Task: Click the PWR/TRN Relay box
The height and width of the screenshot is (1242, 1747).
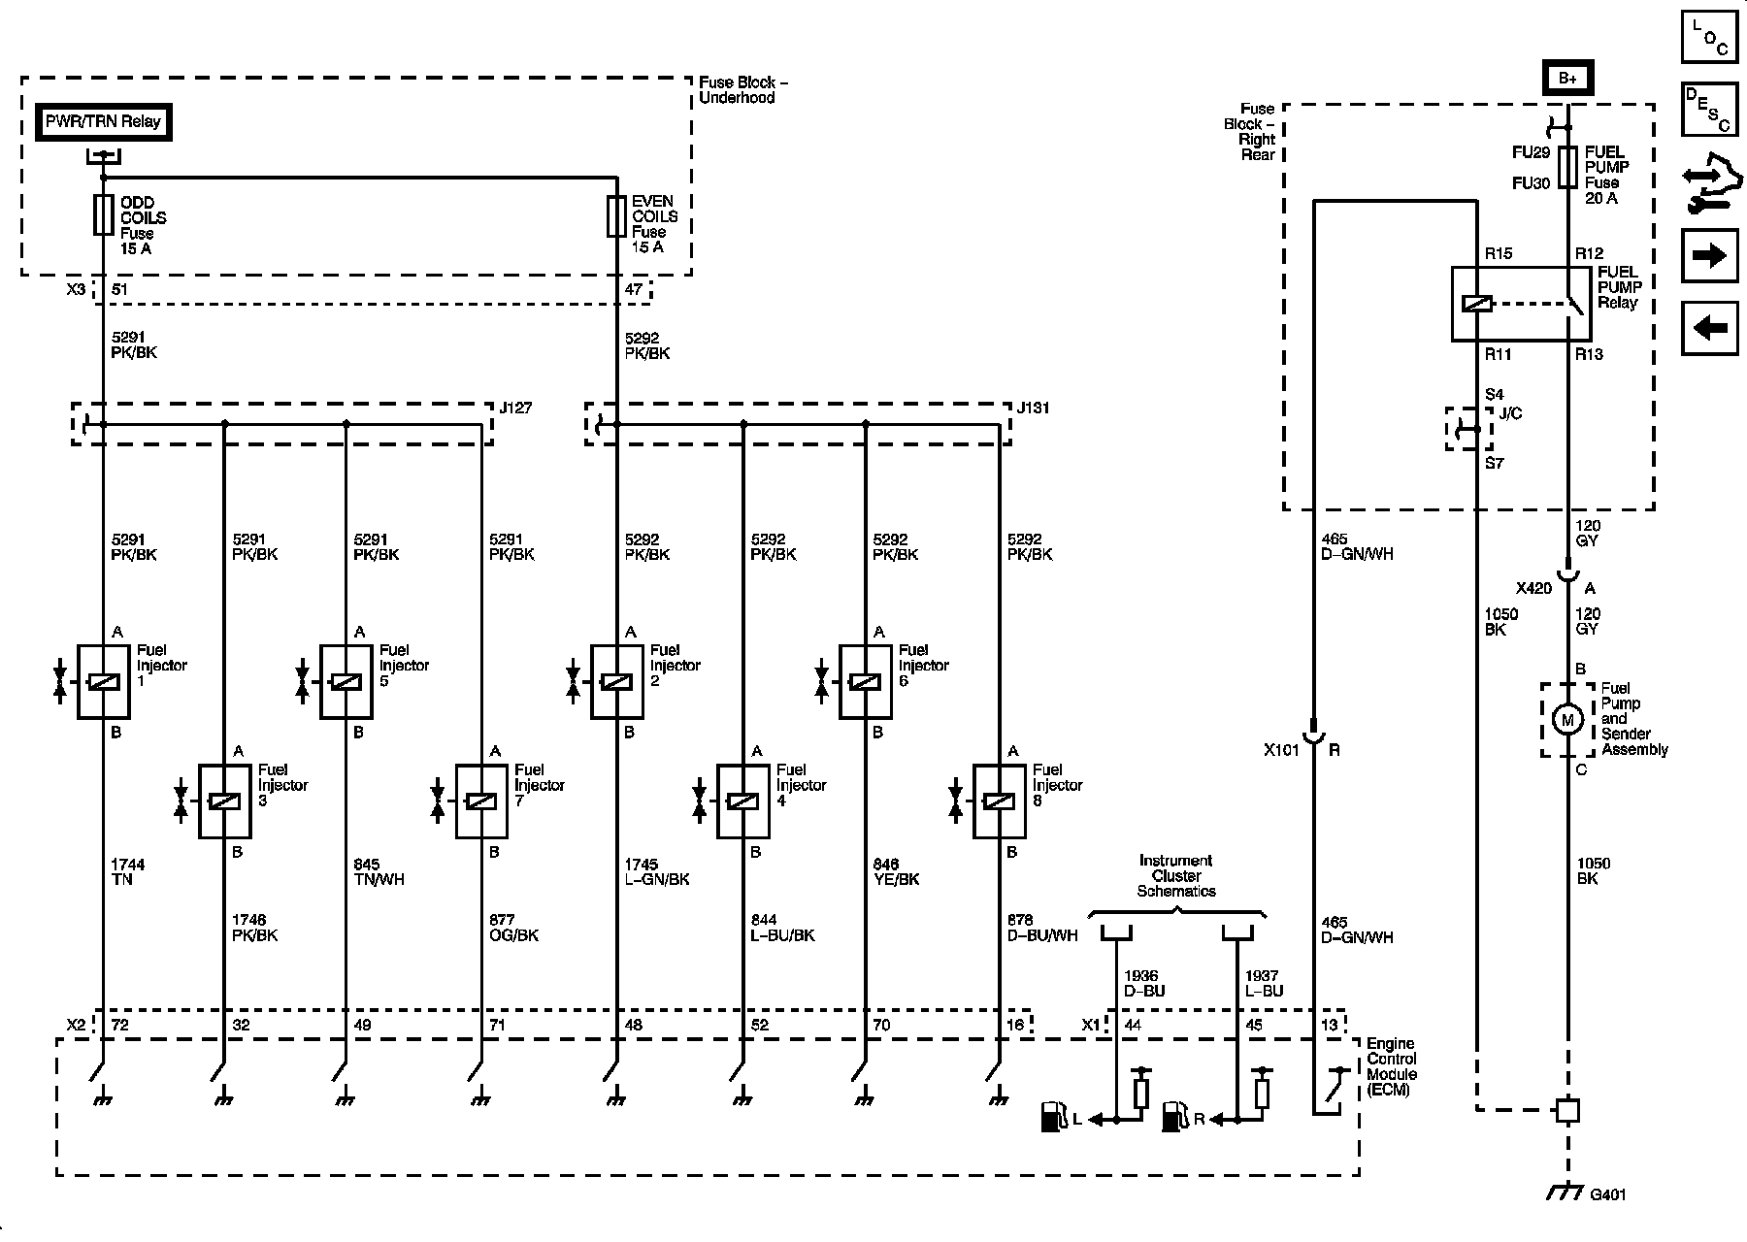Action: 104,122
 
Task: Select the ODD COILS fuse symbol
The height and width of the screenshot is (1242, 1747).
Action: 103,215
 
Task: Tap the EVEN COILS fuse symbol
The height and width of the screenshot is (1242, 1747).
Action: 616,216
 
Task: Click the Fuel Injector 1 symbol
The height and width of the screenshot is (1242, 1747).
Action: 103,682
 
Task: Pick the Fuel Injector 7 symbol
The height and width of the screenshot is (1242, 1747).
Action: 481,801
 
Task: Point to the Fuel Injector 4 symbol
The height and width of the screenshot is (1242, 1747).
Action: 742,801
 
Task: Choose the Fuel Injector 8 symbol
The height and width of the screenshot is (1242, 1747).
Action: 999,801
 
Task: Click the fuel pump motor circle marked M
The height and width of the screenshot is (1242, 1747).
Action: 1566,719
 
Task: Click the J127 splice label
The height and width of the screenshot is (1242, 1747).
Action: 515,408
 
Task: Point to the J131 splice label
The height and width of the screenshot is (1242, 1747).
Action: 1034,408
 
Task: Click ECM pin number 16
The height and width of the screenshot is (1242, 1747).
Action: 1015,1025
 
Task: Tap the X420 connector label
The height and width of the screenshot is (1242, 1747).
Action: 1533,588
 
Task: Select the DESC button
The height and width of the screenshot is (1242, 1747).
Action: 1709,109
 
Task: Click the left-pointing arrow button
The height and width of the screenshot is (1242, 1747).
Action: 1709,328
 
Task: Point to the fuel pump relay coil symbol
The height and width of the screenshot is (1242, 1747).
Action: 1476,304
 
